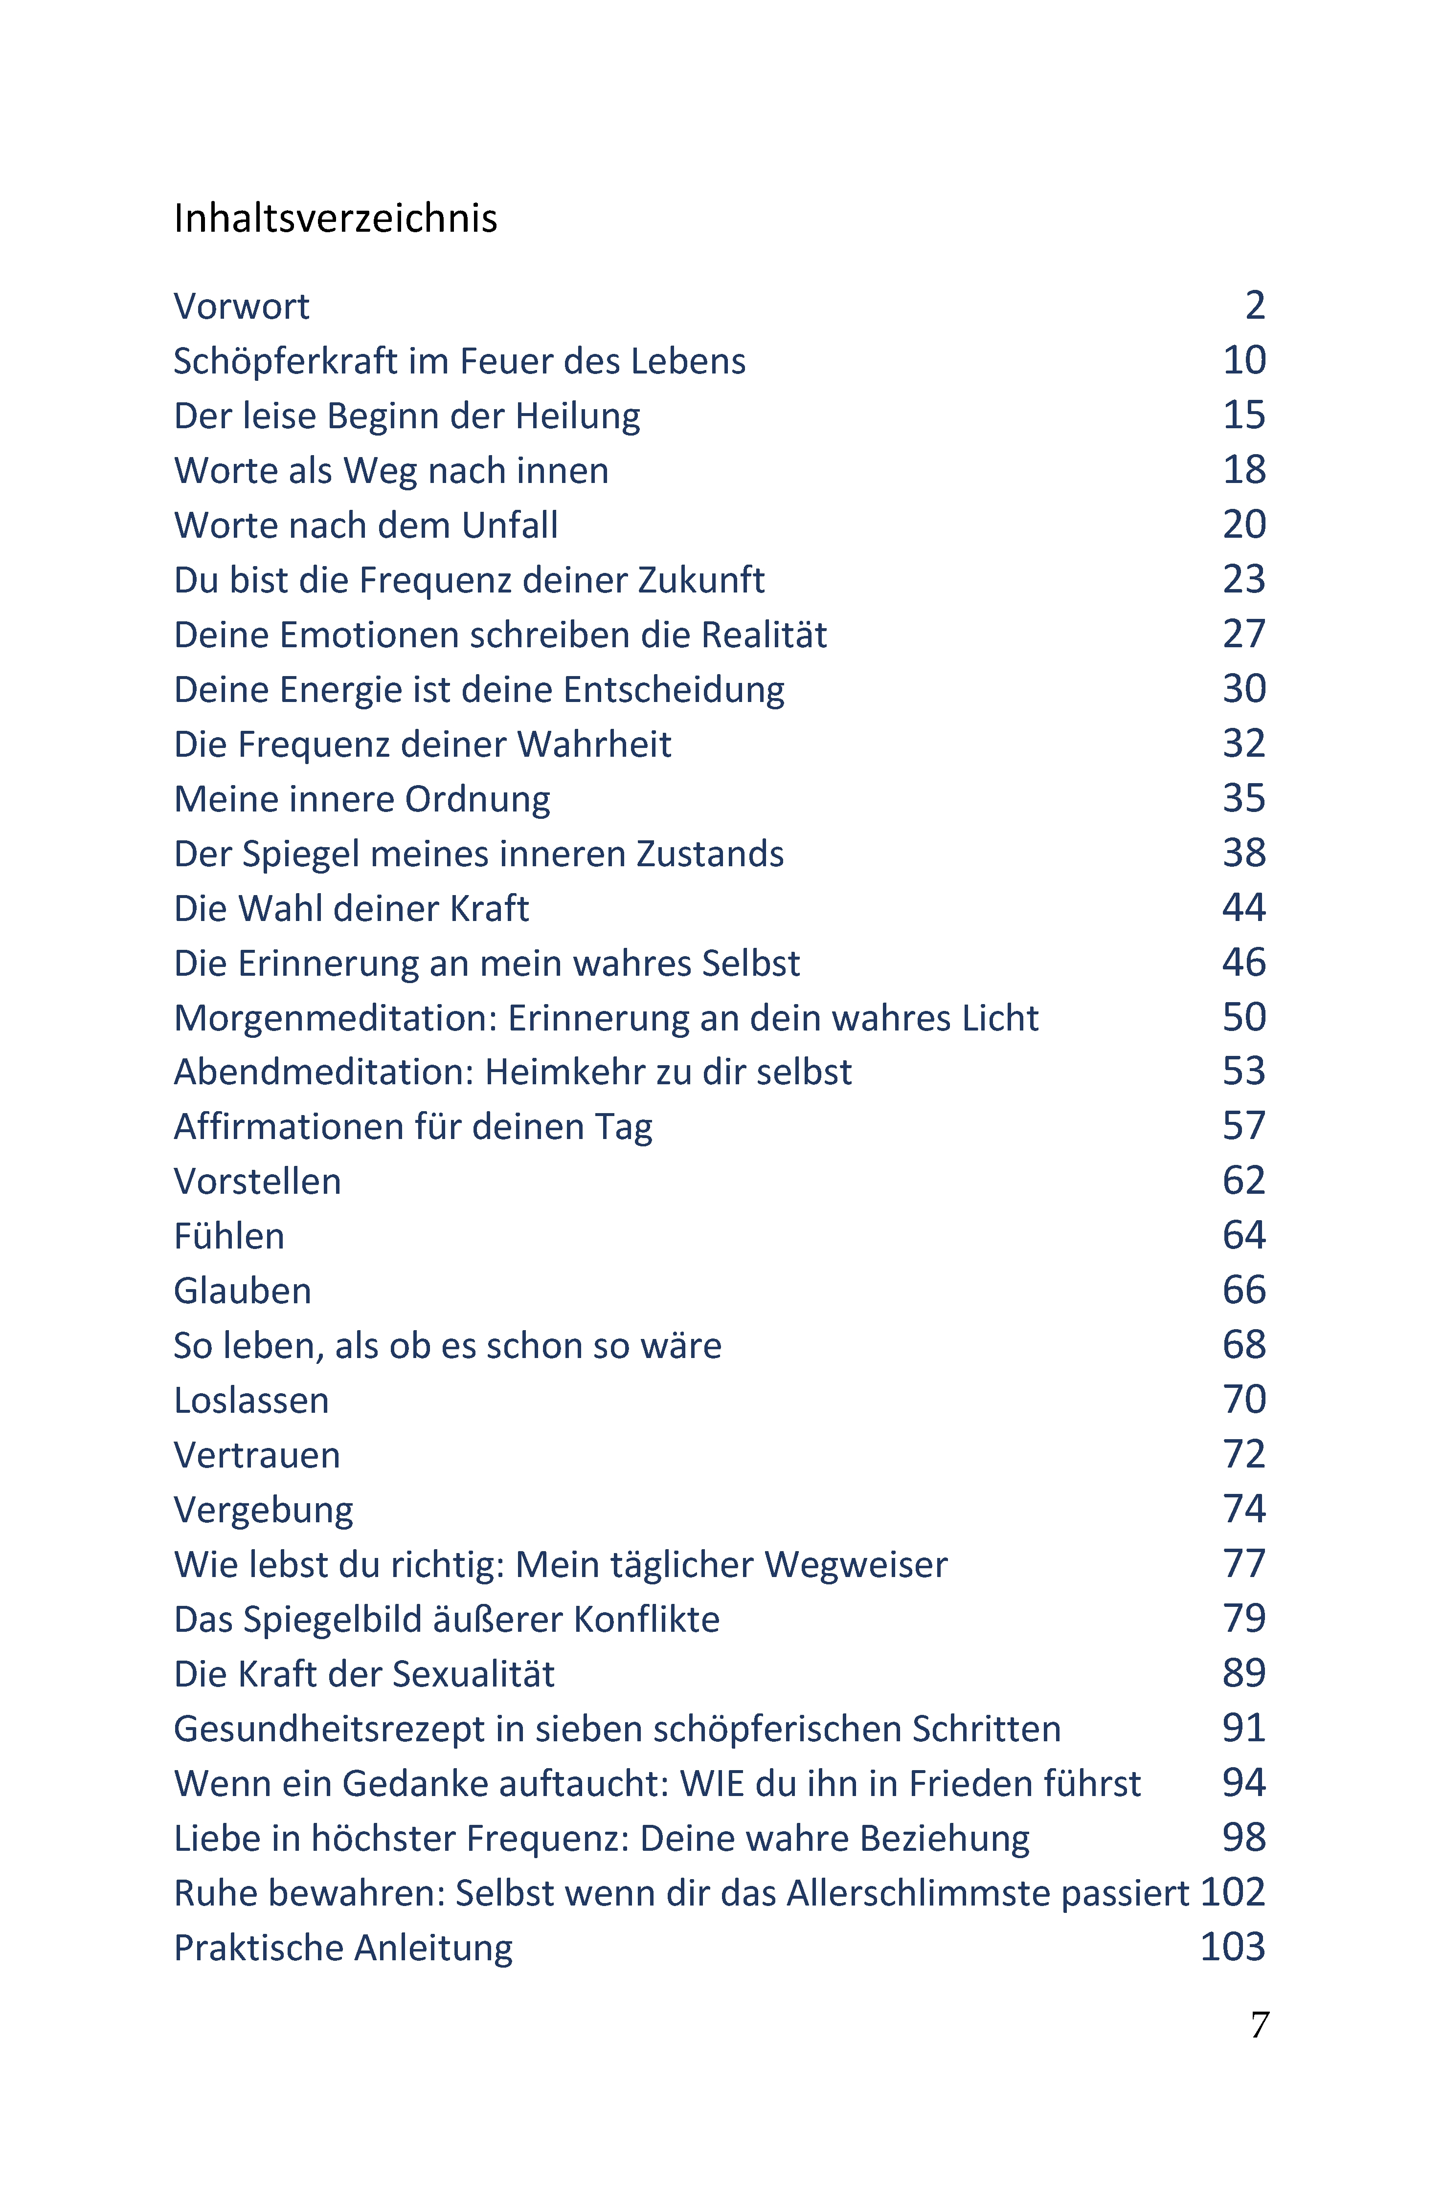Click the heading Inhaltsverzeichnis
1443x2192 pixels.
tap(336, 219)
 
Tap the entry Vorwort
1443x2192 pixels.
tap(242, 306)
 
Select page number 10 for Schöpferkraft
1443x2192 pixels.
tap(1244, 360)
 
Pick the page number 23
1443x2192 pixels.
tap(1244, 579)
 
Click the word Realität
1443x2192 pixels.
tap(764, 635)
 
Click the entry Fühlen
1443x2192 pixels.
tap(229, 1236)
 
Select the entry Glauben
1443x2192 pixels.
tap(242, 1291)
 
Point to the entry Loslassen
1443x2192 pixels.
tap(251, 1400)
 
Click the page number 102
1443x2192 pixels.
tap(1233, 1893)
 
